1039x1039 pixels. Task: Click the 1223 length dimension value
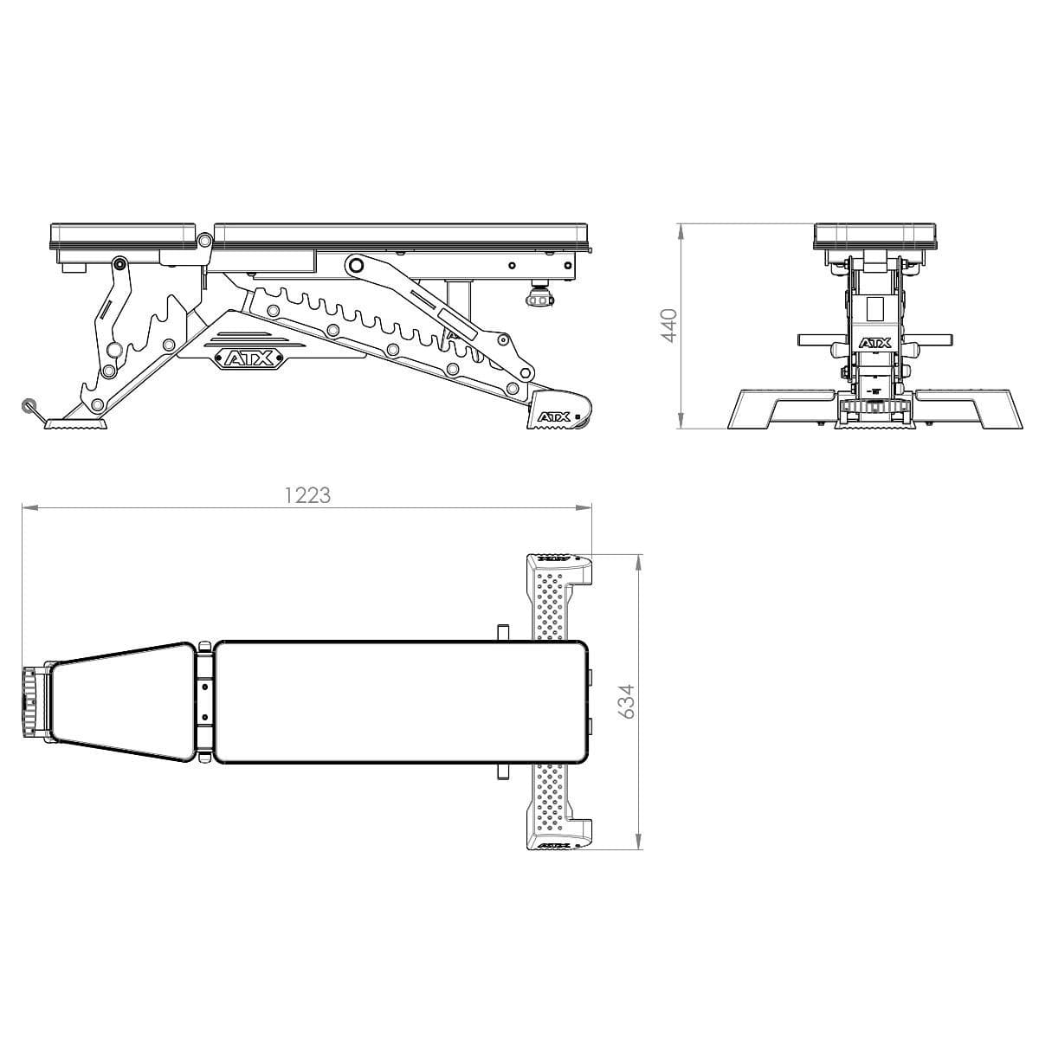(x=307, y=495)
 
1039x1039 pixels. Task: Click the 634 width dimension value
(x=627, y=700)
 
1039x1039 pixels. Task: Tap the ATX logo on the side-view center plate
(x=248, y=357)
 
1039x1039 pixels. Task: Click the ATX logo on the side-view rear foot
(x=554, y=417)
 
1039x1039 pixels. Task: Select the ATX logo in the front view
(x=874, y=344)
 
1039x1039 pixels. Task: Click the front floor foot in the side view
(x=77, y=424)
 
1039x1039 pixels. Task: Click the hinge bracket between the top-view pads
(x=204, y=702)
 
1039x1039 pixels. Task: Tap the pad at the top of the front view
(x=874, y=236)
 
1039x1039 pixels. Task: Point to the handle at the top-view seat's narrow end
(x=33, y=702)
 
